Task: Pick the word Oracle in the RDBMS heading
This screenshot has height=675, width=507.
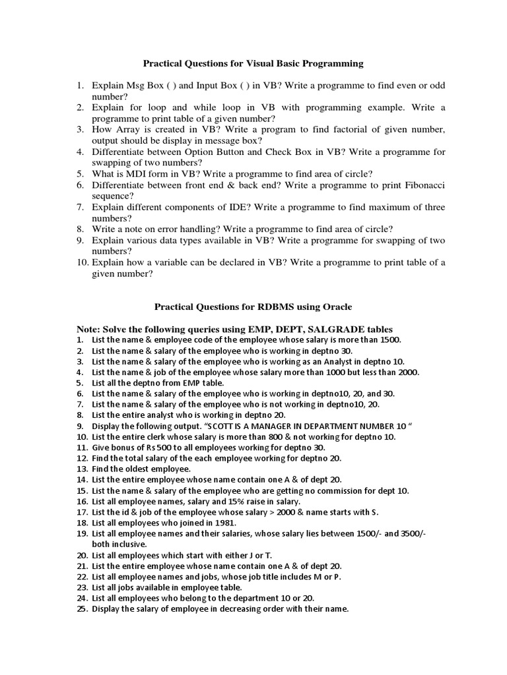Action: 337,307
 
